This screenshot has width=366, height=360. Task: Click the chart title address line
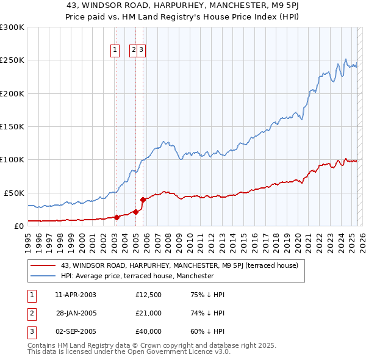click(182, 5)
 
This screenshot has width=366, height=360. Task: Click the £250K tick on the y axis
click(12, 60)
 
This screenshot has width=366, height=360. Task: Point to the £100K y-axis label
click(12, 159)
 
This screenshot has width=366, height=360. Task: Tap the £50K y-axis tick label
click(14, 192)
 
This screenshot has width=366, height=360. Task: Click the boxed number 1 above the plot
click(115, 50)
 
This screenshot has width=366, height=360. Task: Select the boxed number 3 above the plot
click(141, 50)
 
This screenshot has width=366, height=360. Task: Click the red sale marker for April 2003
click(117, 217)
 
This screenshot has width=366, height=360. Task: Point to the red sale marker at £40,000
click(143, 199)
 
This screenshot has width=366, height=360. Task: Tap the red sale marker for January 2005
click(135, 212)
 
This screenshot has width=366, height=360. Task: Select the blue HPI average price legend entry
click(137, 276)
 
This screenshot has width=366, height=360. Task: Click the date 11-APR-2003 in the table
click(76, 295)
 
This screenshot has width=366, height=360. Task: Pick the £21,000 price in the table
click(149, 313)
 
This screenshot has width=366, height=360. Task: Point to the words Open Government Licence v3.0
click(183, 352)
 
